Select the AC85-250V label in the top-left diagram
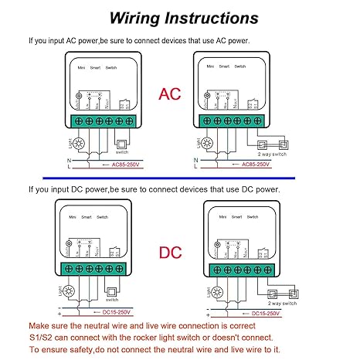coord(113,165)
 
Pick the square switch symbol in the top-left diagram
coord(120,143)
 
